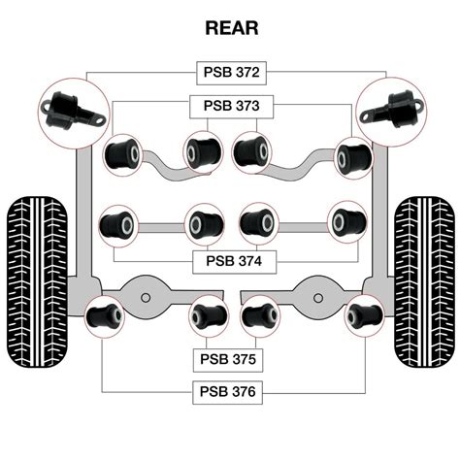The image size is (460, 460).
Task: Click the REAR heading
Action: [231, 28]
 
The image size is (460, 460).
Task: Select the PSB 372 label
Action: [231, 73]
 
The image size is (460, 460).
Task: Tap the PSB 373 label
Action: [231, 105]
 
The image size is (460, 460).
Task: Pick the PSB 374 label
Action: [230, 260]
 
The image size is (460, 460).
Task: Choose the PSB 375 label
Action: [230, 359]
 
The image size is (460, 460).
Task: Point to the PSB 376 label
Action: [230, 392]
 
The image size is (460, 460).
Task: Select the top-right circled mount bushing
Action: [392, 108]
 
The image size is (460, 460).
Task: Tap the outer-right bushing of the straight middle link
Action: [346, 222]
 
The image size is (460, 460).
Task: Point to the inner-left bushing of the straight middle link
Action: [203, 223]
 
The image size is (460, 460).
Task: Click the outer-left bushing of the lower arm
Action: [105, 315]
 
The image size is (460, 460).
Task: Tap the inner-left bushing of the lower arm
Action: [208, 315]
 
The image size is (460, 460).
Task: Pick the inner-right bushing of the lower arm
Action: [259, 315]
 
